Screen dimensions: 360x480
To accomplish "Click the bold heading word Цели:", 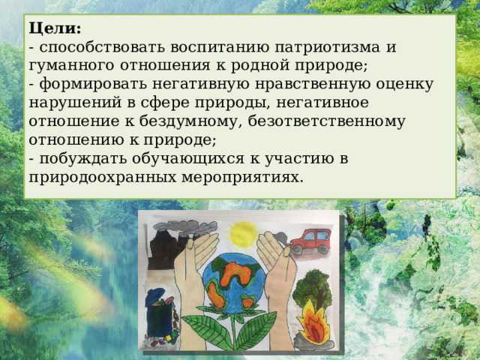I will pos(55,28).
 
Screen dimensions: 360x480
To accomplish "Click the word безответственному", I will pos(325,121).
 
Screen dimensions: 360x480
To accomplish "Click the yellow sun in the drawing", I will pos(244,234).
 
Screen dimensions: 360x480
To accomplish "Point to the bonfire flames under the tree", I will pos(310,325).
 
